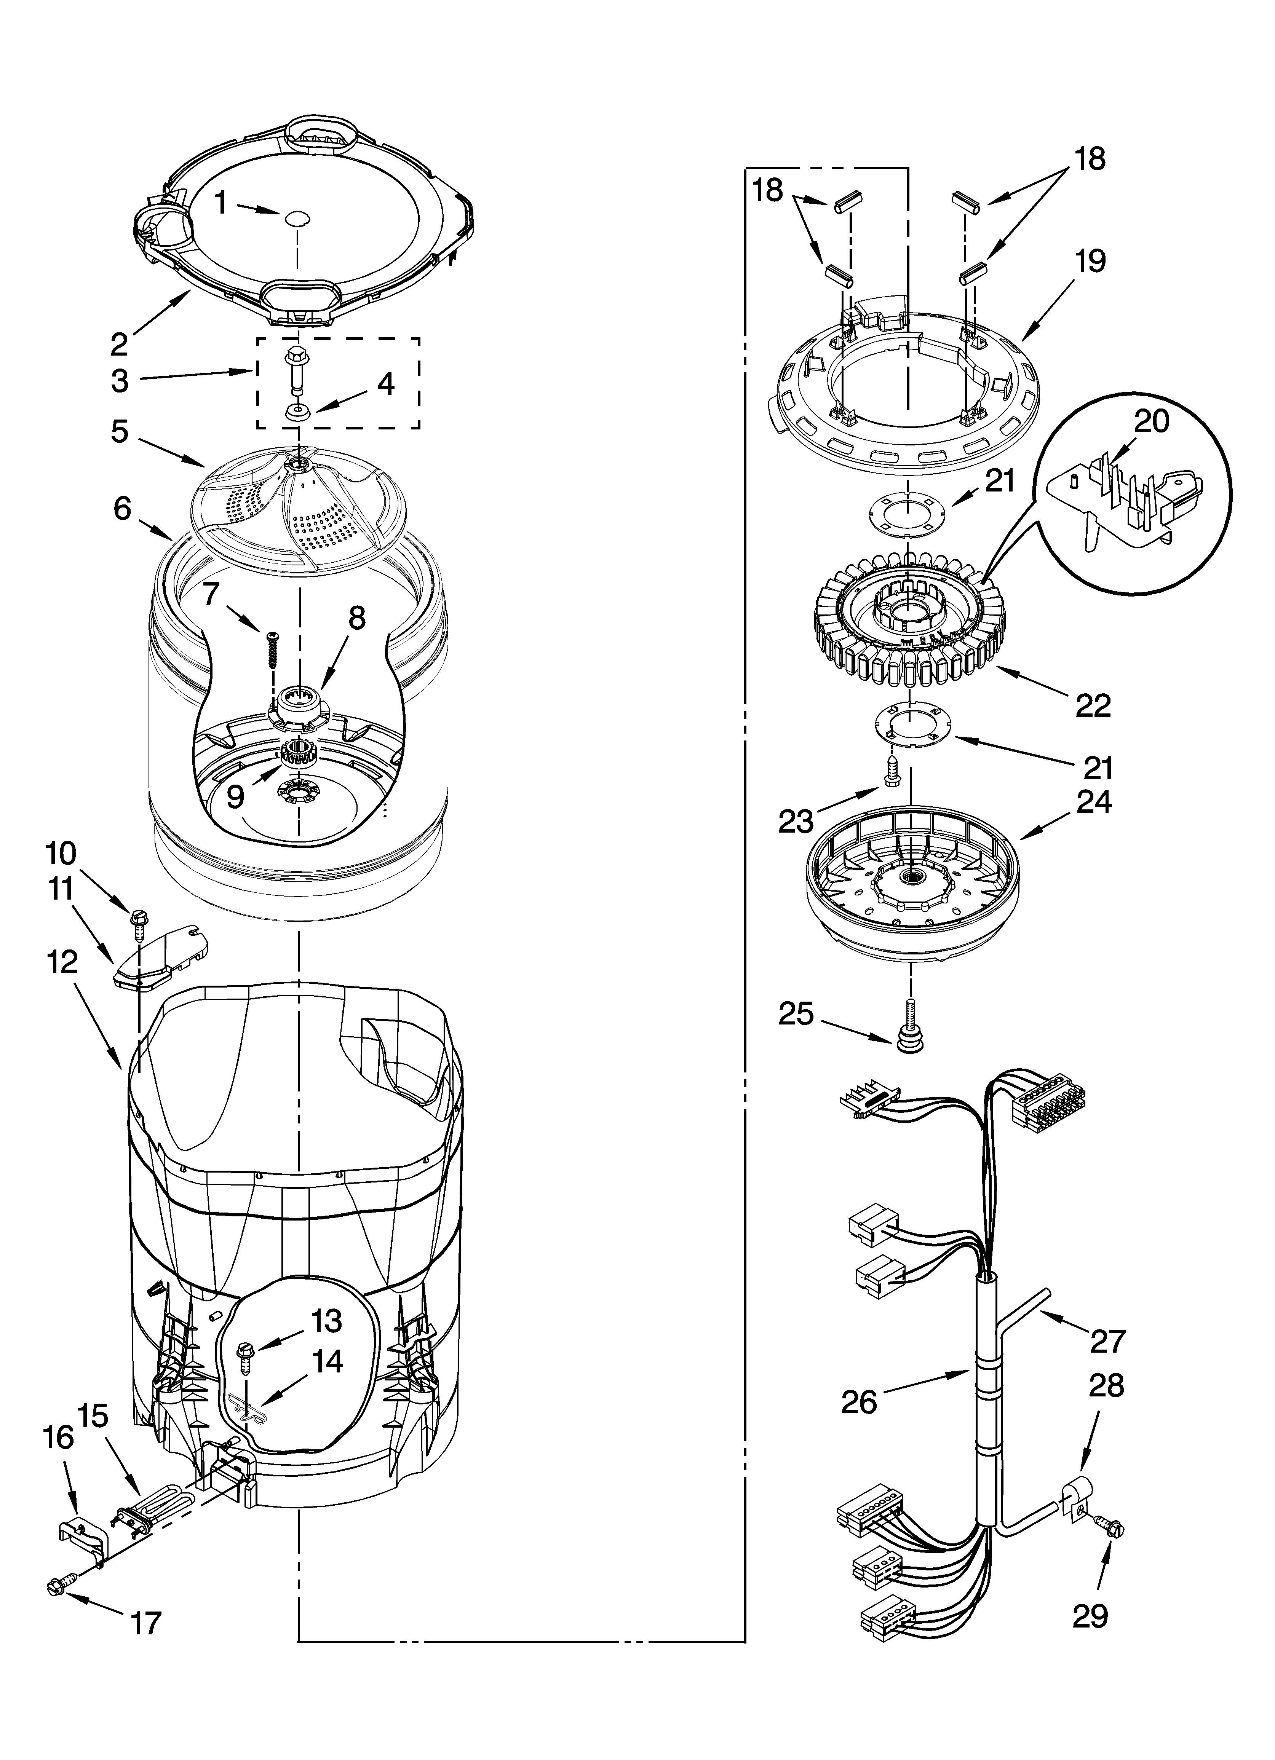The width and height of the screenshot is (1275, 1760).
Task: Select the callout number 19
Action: tap(1090, 262)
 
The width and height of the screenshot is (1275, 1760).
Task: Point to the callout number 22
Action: tap(1093, 705)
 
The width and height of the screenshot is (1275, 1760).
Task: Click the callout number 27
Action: tap(1107, 1340)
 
